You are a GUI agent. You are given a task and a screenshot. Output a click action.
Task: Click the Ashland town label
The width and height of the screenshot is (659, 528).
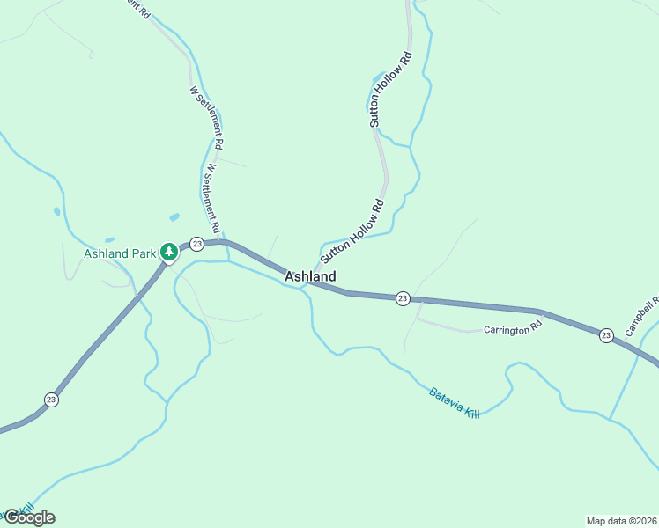310,276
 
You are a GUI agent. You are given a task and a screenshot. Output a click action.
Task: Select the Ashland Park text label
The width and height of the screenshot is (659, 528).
119,254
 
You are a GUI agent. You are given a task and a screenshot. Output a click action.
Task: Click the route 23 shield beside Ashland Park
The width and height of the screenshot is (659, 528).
196,244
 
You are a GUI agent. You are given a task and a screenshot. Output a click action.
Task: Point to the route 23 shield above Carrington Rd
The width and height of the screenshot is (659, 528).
403,298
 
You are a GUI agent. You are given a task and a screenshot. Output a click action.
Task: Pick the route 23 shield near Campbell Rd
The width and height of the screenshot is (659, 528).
606,335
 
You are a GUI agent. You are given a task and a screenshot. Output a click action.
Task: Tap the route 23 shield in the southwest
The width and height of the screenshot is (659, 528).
52,399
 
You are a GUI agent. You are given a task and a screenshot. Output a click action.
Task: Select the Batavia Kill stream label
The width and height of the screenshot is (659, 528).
455,403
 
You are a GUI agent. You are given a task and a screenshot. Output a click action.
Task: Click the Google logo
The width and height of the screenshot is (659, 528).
29,517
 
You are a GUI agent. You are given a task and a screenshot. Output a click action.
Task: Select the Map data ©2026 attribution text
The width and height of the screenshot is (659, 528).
621,521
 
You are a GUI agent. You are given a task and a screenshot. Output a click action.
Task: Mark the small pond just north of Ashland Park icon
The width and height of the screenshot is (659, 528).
174,216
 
